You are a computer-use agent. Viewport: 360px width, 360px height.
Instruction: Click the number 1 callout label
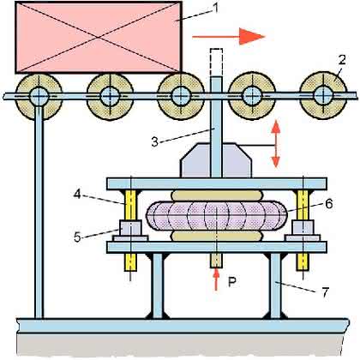216,8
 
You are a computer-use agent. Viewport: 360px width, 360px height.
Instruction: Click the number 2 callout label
342,60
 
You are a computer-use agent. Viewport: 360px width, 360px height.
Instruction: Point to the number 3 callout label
155,142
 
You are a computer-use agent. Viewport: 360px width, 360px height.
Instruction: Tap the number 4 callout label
76,195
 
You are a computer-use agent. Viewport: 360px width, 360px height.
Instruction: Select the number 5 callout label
77,237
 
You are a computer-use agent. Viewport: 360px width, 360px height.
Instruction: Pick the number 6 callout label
329,204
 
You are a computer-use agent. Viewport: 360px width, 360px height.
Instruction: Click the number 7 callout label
325,292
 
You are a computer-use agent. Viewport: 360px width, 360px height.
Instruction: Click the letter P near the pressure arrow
231,282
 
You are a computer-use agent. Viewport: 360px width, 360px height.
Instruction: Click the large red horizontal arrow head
252,37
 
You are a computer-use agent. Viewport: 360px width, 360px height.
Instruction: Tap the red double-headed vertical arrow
275,144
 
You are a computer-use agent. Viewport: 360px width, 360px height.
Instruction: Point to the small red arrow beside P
216,279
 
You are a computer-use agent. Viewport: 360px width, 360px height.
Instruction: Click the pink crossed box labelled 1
99,37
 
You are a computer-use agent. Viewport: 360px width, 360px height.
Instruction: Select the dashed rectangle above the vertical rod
216,63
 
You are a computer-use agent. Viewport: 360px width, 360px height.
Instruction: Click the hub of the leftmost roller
39,96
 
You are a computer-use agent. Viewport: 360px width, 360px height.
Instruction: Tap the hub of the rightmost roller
323,95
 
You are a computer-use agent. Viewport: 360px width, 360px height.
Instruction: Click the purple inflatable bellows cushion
216,216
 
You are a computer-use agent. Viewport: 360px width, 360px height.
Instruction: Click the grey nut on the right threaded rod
303,227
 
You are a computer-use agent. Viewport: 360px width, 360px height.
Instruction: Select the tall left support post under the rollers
39,212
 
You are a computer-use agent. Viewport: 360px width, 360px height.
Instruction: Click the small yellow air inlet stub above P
216,261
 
